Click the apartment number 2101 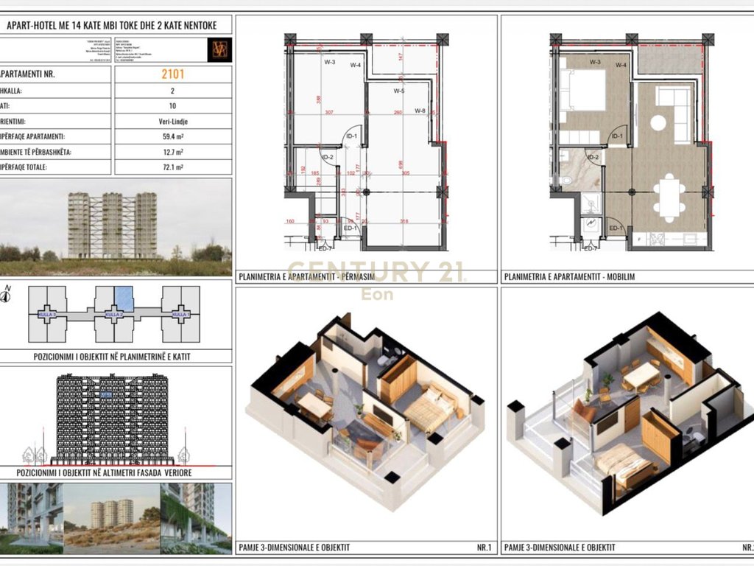pyautogui.click(x=174, y=74)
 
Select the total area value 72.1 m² pyautogui.click(x=174, y=167)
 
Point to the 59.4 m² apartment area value pyautogui.click(x=174, y=136)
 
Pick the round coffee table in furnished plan pyautogui.click(x=658, y=122)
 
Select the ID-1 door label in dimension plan pyautogui.click(x=351, y=136)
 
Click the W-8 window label pyautogui.click(x=420, y=111)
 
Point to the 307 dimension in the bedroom pyautogui.click(x=329, y=112)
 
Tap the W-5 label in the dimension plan pyautogui.click(x=398, y=91)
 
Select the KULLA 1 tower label pyautogui.click(x=180, y=315)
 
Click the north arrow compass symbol pyautogui.click(x=7, y=296)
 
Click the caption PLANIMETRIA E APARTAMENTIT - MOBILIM pyautogui.click(x=569, y=277)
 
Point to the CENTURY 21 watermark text pyautogui.click(x=376, y=272)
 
